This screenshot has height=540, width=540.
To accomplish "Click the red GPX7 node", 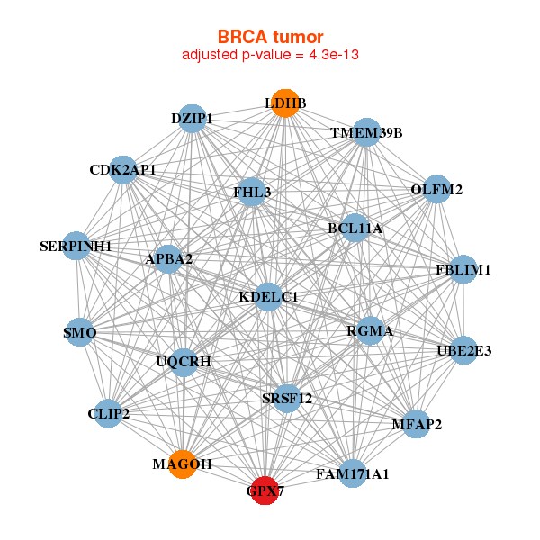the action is [x=264, y=490].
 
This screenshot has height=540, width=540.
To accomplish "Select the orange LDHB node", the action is [x=284, y=103].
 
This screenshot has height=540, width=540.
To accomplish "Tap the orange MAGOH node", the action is [x=183, y=463].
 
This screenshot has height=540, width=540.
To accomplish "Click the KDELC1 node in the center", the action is [x=268, y=296].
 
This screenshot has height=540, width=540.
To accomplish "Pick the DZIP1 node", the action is [x=192, y=118].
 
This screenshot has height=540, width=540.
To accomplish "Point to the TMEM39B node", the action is [x=366, y=133].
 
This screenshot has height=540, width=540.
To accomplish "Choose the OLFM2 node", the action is [x=436, y=189].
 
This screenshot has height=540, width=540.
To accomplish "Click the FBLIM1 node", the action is [x=463, y=269].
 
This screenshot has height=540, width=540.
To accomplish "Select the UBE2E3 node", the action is [x=463, y=350].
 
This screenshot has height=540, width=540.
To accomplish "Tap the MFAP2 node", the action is [x=416, y=424].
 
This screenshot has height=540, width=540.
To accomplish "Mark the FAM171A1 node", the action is [x=353, y=473].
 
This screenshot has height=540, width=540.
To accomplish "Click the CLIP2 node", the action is [x=109, y=414].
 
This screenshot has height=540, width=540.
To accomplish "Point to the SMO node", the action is [x=79, y=333].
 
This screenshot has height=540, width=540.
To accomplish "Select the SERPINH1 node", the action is [x=76, y=246].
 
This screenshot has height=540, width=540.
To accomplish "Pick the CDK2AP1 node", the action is [x=123, y=169].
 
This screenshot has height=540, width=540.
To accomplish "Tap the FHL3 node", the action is [x=252, y=192].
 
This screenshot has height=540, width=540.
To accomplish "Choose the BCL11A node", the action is [x=355, y=229].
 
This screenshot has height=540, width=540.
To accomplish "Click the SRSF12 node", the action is [x=287, y=398].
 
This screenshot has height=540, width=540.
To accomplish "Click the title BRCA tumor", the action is [x=270, y=37].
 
